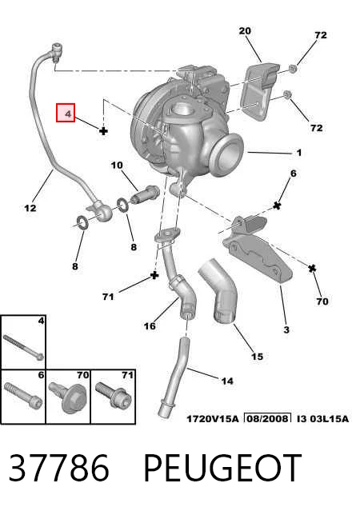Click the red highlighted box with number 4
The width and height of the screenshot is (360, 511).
click(x=66, y=113)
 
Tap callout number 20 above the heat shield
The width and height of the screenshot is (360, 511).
click(x=245, y=31)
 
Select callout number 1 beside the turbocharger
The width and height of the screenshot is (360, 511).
click(x=298, y=153)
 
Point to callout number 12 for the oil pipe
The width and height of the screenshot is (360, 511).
click(x=30, y=208)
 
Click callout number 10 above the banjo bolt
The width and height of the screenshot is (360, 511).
click(x=117, y=166)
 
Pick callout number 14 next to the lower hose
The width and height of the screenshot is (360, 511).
click(x=227, y=381)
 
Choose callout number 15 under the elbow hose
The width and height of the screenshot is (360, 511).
click(x=257, y=357)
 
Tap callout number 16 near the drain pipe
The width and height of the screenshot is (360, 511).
click(x=150, y=326)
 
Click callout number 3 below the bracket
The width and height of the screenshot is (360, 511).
click(x=286, y=329)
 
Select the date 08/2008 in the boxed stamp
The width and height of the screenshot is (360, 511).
click(x=268, y=418)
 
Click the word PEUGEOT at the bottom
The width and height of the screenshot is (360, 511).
click(x=222, y=467)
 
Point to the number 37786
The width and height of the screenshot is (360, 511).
click(x=58, y=467)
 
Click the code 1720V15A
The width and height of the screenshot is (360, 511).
click(x=212, y=418)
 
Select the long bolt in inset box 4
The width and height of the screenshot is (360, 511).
click(x=23, y=347)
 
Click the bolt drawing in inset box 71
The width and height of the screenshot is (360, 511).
click(x=113, y=395)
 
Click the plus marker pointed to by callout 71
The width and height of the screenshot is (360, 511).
click(x=154, y=275)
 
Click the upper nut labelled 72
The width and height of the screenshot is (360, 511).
click(x=293, y=69)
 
